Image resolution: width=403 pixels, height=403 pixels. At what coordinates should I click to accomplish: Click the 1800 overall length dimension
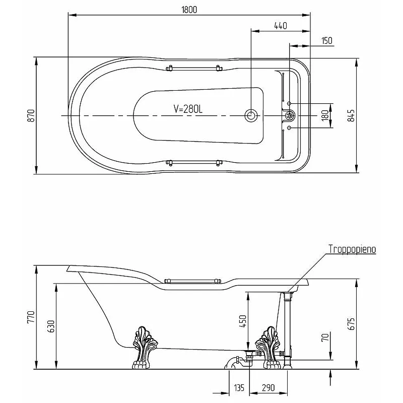[x=189, y=10]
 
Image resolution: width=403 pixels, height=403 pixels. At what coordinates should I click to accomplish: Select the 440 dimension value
[x=281, y=26]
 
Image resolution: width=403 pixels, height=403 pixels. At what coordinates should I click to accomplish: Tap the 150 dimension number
[x=326, y=41]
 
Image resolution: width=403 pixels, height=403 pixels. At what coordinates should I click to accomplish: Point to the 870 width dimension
[x=31, y=116]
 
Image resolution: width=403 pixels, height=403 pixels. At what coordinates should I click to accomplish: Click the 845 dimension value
[x=351, y=116]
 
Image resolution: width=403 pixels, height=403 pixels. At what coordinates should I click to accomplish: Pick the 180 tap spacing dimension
[x=325, y=115]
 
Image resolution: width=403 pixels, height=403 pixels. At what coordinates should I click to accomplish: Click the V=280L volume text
[x=188, y=109]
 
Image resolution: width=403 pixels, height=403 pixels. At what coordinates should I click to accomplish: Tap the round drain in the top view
[x=251, y=115]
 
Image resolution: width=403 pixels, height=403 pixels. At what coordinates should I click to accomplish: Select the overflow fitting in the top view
[x=290, y=115]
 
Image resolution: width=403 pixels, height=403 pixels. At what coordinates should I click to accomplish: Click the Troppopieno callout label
[x=352, y=249]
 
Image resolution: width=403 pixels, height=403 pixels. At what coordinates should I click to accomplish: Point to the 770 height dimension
[x=31, y=317]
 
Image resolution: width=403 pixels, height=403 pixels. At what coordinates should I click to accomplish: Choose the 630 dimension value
[x=51, y=326]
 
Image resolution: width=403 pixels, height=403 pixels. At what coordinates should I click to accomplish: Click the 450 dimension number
[x=242, y=321]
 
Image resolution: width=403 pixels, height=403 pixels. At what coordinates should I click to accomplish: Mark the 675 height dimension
[x=351, y=324]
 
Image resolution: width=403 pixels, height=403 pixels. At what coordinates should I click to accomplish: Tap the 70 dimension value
[x=325, y=337]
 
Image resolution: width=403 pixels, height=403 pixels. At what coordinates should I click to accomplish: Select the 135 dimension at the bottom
[x=239, y=387]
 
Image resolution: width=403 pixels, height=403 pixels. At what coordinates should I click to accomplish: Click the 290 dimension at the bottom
[x=268, y=387]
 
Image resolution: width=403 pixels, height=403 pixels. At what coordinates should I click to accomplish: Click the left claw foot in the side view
[x=144, y=348]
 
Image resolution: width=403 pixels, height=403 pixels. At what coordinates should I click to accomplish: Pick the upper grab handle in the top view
[x=194, y=69]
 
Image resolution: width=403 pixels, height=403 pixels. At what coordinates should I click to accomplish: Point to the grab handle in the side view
[x=192, y=281]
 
